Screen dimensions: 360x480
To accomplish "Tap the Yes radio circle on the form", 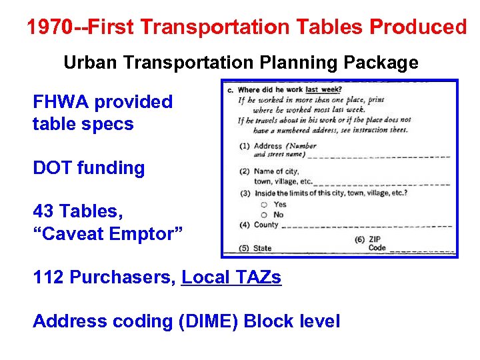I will [x=265, y=205].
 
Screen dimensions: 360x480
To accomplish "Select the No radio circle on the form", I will [x=265, y=215].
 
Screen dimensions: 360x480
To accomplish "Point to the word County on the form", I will [x=266, y=225].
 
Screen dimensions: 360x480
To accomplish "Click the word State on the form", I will [x=263, y=249].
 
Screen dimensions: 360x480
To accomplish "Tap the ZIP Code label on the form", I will [x=377, y=243].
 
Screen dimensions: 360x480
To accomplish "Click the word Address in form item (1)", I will [x=268, y=146].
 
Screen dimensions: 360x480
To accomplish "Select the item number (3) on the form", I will [x=245, y=193].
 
